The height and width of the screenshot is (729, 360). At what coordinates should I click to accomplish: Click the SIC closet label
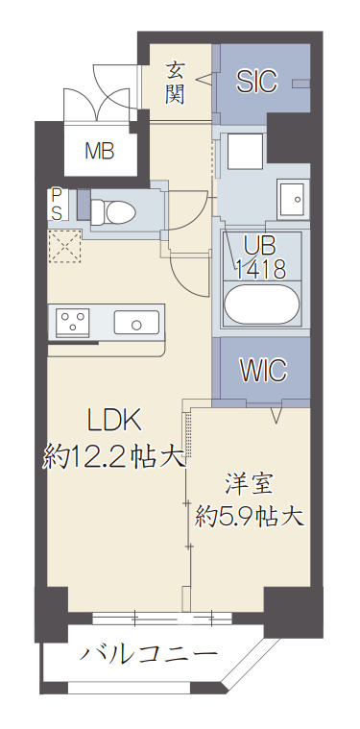click(x=256, y=82)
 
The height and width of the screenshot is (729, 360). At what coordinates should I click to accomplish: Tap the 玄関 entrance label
click(x=176, y=82)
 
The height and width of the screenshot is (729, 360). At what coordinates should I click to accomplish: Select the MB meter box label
click(x=99, y=150)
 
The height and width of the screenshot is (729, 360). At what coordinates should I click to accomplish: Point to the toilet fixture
click(x=117, y=210)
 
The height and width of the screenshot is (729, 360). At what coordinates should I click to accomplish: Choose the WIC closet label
click(x=262, y=370)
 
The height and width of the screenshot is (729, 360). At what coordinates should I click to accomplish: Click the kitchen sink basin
click(x=138, y=321)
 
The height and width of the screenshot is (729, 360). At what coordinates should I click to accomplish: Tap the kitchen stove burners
click(x=73, y=321)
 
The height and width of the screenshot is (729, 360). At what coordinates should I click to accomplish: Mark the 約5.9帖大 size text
click(x=250, y=517)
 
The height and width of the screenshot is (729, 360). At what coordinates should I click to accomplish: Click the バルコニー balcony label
click(x=148, y=657)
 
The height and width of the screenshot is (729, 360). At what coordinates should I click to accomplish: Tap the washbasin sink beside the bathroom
click(x=291, y=199)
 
